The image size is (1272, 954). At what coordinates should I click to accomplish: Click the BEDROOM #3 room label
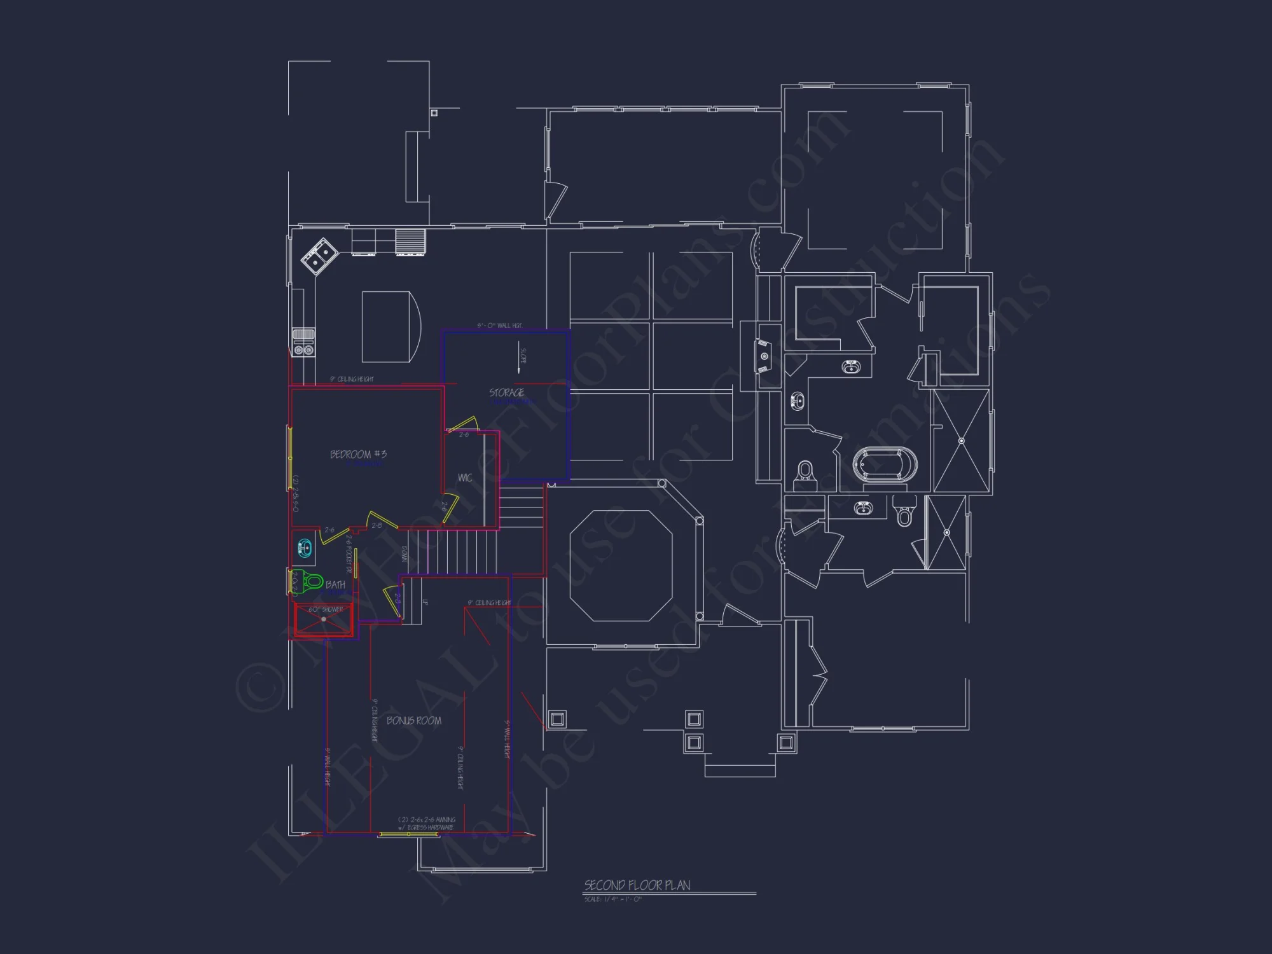[x=358, y=454]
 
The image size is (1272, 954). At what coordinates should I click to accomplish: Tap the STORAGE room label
[x=507, y=392]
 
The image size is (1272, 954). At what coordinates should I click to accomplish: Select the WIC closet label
[x=465, y=478]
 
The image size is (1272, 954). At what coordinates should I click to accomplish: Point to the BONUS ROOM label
[x=414, y=721]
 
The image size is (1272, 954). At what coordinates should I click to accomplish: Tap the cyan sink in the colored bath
[x=305, y=547]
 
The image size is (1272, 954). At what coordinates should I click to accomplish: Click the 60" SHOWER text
[x=326, y=609]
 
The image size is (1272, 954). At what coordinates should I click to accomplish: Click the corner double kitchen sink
[x=319, y=256]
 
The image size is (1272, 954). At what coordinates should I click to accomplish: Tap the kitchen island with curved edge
[x=390, y=327]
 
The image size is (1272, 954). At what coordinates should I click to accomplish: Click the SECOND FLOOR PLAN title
[x=637, y=885]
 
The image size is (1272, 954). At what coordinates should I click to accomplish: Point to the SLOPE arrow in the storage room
[x=520, y=361]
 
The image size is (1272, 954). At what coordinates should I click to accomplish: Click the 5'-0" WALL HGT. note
[x=500, y=326]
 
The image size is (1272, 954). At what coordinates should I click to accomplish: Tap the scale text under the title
[x=613, y=899]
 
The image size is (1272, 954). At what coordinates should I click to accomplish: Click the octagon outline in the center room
[x=621, y=565]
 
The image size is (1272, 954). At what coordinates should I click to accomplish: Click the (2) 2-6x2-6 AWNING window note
[x=427, y=820]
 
